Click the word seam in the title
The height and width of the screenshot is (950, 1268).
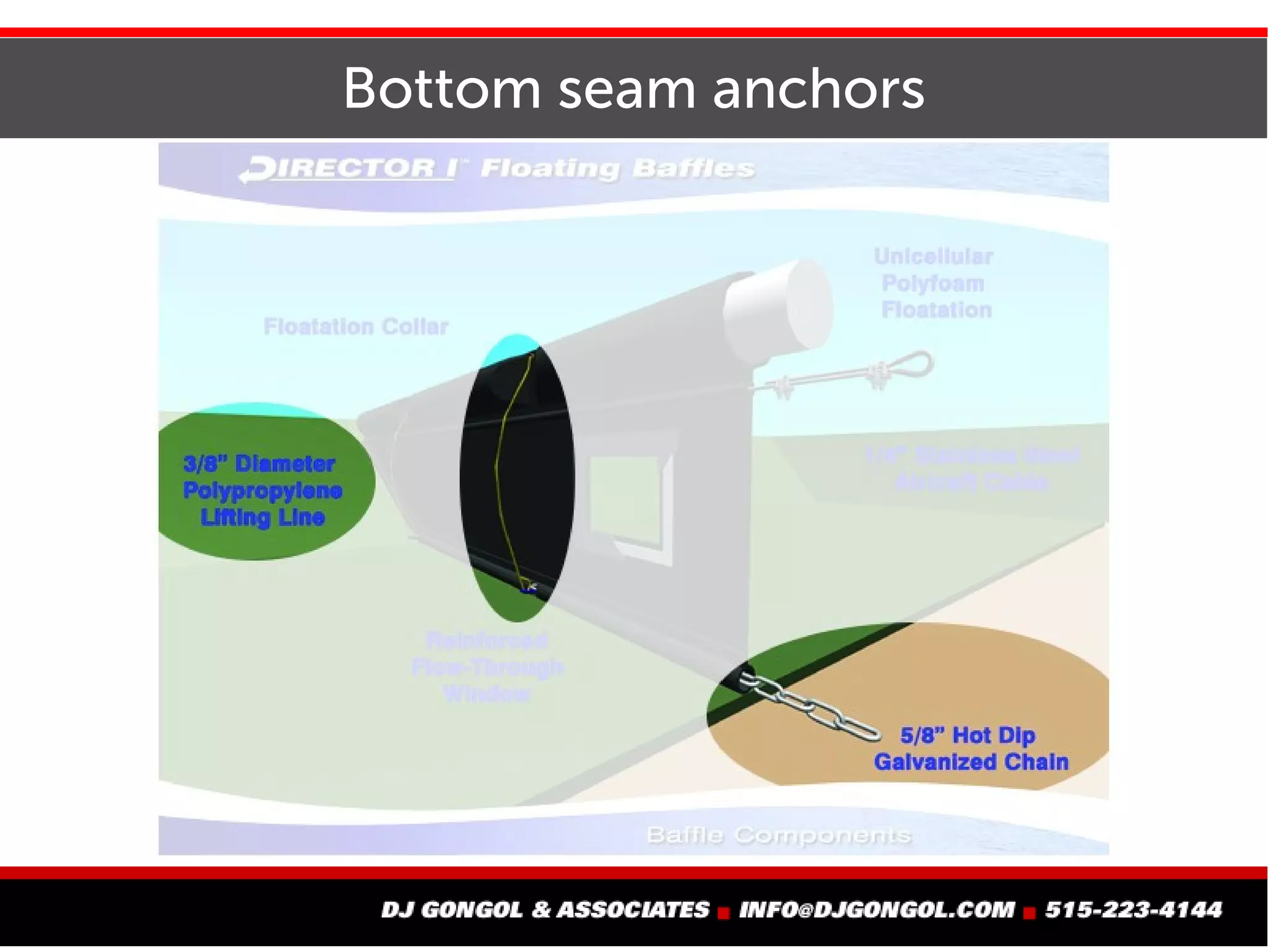coord(627,90)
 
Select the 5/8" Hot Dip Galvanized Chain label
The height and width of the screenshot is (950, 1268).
coord(971,749)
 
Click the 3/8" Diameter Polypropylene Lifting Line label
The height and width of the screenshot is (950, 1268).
coord(262,490)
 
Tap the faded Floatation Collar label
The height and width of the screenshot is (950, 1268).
coord(356,326)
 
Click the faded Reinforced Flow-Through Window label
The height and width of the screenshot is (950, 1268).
coord(487,667)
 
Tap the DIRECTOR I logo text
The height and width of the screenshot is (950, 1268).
coord(350,169)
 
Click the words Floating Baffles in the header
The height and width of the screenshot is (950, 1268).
coord(617,168)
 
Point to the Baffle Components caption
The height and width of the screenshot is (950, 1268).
coord(779,836)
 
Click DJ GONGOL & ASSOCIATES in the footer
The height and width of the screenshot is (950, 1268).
coord(545,910)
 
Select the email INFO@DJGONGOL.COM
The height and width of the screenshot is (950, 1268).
coord(877,910)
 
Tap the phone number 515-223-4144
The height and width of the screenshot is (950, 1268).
coord(1134,910)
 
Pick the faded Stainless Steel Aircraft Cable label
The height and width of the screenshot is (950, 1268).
coord(972,469)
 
